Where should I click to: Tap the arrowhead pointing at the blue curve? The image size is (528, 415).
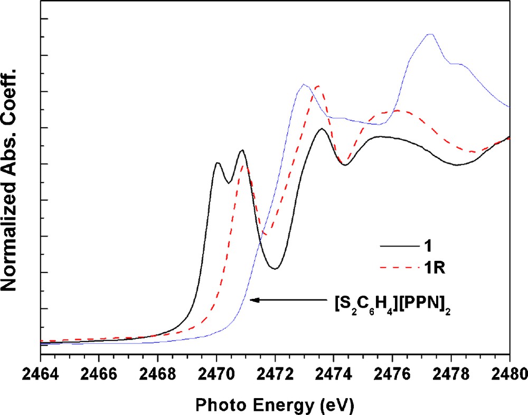253,300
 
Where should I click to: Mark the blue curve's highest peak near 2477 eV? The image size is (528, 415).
430,34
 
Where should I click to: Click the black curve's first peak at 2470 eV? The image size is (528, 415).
216,163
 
